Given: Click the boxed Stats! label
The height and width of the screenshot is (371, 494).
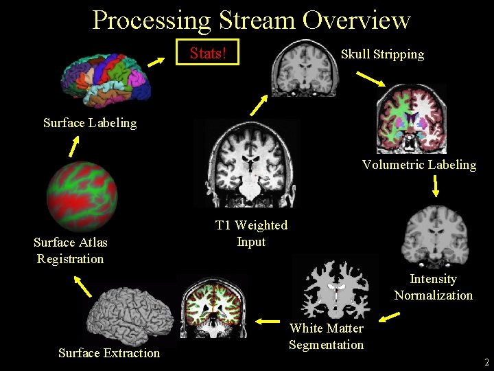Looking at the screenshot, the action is [x=207, y=54].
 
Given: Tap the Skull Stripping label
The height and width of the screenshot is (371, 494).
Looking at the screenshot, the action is [x=382, y=54].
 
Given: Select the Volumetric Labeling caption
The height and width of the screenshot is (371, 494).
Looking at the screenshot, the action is [x=419, y=165].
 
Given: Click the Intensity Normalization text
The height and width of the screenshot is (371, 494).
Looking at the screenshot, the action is [x=433, y=287].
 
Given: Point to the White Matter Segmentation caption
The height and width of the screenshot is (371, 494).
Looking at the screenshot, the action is [x=326, y=337].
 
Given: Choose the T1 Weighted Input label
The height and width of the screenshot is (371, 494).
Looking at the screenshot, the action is [x=251, y=234].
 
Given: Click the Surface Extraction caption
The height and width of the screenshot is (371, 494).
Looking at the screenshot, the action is [x=109, y=353].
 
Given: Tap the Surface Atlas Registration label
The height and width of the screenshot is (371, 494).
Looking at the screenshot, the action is [x=70, y=251].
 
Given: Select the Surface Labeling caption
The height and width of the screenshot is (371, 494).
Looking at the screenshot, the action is [x=90, y=123].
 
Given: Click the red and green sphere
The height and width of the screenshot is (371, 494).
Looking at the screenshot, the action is [x=82, y=196].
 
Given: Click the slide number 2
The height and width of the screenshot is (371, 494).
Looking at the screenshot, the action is [x=486, y=362].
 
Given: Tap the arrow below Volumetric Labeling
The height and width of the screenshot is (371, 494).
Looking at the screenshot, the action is [x=435, y=185].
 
